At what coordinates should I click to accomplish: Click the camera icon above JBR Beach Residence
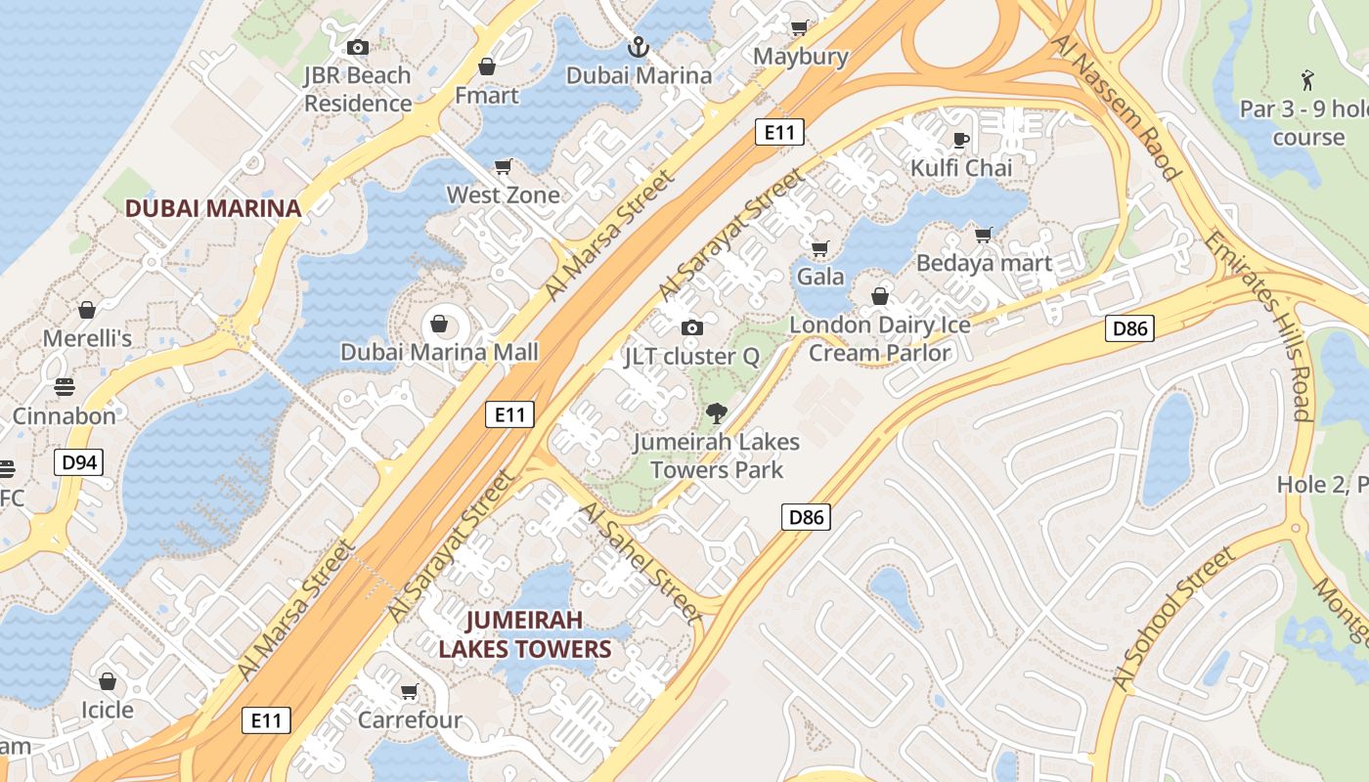click(x=358, y=47)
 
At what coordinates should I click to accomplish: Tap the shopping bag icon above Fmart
click(x=486, y=67)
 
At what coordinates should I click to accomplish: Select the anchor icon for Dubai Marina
click(x=638, y=47)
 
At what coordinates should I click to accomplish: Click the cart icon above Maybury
click(x=799, y=28)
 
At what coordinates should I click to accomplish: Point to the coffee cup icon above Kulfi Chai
click(x=961, y=140)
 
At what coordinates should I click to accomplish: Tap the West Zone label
click(x=504, y=195)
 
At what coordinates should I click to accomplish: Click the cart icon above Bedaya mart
click(x=984, y=235)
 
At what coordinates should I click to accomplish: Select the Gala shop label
click(x=820, y=276)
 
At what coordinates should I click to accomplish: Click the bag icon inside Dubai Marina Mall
click(x=439, y=323)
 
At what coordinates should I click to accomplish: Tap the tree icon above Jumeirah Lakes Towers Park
click(x=717, y=413)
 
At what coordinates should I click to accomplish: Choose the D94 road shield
click(x=77, y=462)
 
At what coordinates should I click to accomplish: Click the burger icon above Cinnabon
click(x=65, y=386)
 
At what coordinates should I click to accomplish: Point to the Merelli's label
click(x=87, y=338)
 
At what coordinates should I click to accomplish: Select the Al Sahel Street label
click(x=640, y=563)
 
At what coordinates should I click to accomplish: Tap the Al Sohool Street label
click(x=1172, y=619)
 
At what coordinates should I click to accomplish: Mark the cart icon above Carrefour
click(x=409, y=692)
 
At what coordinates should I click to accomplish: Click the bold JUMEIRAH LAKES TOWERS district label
click(x=524, y=634)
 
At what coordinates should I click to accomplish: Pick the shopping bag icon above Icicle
click(x=108, y=680)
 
